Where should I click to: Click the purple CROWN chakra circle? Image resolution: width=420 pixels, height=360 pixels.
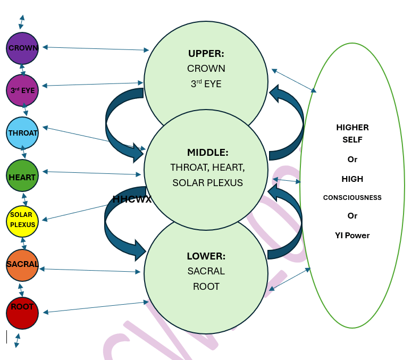coord(22,48)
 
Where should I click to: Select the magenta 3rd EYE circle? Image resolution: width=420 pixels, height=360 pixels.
coord(22,90)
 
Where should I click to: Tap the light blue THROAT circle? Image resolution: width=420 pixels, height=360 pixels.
coord(23,133)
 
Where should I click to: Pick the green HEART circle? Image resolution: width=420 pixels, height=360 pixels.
coord(22,175)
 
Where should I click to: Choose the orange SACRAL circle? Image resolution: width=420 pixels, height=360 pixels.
coord(22,265)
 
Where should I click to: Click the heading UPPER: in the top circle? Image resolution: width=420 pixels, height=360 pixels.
coord(206,54)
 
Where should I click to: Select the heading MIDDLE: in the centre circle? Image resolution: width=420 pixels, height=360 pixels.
coord(207,153)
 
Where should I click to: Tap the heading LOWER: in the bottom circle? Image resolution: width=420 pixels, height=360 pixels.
coord(206,256)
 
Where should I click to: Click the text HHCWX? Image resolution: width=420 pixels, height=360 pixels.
coord(132,200)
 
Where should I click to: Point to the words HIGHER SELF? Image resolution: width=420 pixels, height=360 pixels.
coord(352,133)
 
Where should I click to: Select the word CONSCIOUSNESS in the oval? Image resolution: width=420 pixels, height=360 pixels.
coord(352,198)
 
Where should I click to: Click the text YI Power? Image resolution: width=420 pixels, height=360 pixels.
coord(352,236)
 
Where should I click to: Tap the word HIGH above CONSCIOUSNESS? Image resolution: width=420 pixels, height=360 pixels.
coord(352,179)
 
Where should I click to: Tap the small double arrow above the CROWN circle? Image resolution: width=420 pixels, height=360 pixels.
coord(21,22)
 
